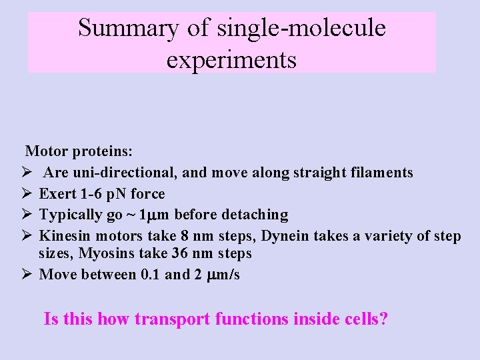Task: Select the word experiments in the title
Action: click(x=231, y=60)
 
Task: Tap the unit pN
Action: click(x=112, y=194)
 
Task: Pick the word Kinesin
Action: click(x=65, y=236)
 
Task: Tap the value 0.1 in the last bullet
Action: click(x=147, y=275)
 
